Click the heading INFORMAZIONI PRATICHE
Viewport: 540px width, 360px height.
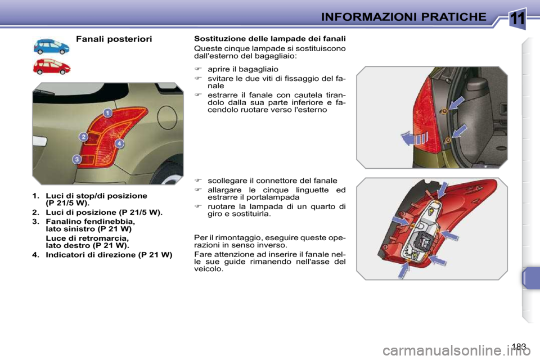point(403,16)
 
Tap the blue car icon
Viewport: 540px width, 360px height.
point(51,46)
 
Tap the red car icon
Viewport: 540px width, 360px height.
point(51,66)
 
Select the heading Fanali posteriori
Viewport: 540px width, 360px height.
point(114,39)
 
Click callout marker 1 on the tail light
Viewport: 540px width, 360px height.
point(106,113)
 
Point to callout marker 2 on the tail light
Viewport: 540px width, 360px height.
point(83,137)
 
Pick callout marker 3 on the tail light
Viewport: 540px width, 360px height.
point(76,160)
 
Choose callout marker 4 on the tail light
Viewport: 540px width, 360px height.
point(119,144)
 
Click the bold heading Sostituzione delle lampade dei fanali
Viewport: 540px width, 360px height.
point(269,39)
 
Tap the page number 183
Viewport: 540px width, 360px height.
point(520,346)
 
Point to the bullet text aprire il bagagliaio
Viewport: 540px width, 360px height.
point(242,69)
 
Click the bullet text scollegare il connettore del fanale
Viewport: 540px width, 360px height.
point(272,181)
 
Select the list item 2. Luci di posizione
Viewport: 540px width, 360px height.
point(97,213)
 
